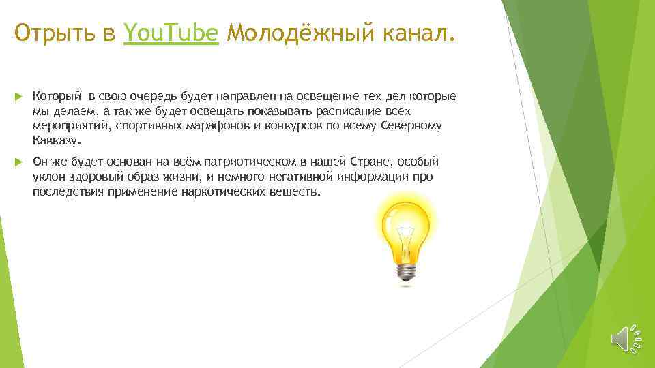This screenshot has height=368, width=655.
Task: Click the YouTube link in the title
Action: pos(171,32)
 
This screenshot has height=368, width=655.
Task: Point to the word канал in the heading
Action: pos(416,32)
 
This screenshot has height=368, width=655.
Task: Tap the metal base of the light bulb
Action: pos(407,271)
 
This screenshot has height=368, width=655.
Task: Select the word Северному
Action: pos(413,126)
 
